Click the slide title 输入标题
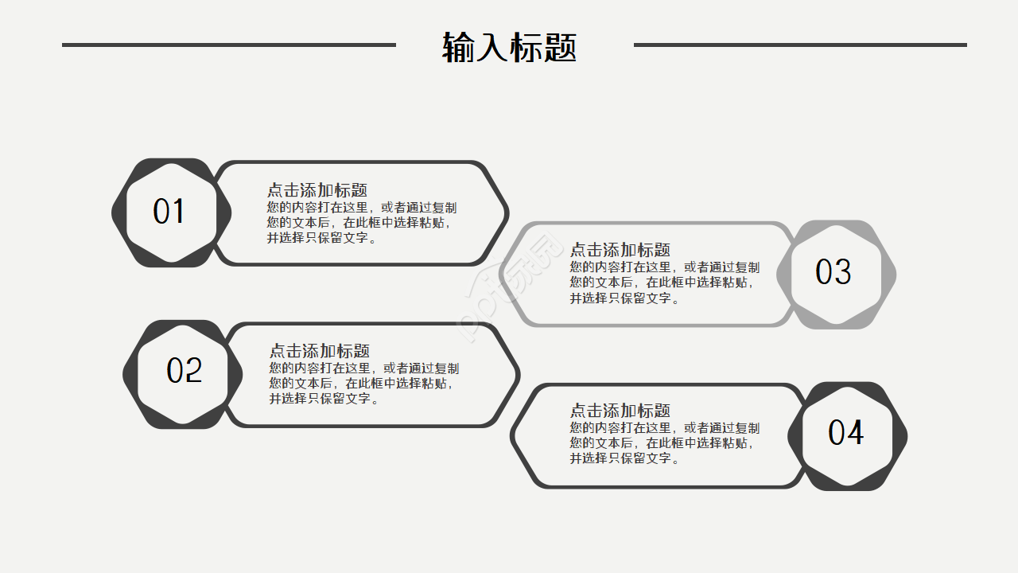pos(509,47)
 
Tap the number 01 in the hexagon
pos(169,212)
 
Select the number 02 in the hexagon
pos(185,371)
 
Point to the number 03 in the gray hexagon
pos(833,273)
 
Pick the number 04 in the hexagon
pos(845,433)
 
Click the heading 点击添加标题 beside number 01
pos(317,190)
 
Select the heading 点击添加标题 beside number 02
pos(320,351)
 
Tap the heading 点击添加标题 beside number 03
pos(620,250)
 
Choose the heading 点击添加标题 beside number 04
pos(620,411)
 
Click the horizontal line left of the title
pos(229,45)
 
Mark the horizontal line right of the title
pos(800,45)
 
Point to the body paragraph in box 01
pos(362,223)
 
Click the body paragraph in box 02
pos(363,384)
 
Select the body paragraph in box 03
pos(664,283)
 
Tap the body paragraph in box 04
pos(664,443)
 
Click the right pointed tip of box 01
pos(506,213)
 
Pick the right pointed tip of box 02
pos(517,374)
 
